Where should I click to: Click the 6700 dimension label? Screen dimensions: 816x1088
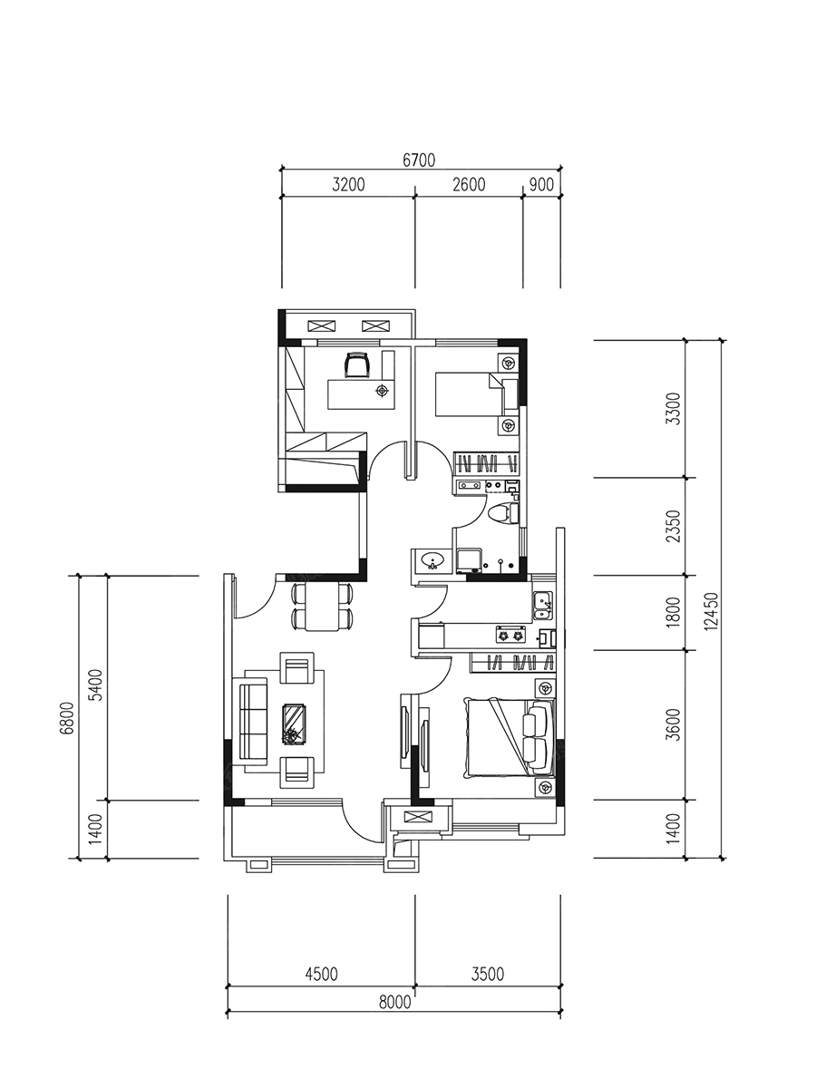(x=419, y=160)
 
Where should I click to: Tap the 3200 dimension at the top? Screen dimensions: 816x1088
(x=348, y=185)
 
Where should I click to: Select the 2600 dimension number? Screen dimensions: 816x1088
(x=469, y=185)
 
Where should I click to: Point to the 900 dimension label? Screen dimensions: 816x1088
(x=541, y=185)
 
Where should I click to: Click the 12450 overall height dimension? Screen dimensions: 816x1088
(x=712, y=611)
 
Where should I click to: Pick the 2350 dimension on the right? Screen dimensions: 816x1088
(x=674, y=526)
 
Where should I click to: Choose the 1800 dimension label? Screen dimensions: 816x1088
(x=674, y=613)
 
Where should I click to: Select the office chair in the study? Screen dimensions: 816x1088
(x=358, y=364)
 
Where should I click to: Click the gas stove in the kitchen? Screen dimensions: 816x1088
(x=510, y=636)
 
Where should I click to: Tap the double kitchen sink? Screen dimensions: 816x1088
(x=543, y=606)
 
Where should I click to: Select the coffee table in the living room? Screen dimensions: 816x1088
(x=295, y=724)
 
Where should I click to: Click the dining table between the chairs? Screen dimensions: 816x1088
(x=322, y=607)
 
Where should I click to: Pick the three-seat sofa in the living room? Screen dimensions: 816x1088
(x=253, y=721)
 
